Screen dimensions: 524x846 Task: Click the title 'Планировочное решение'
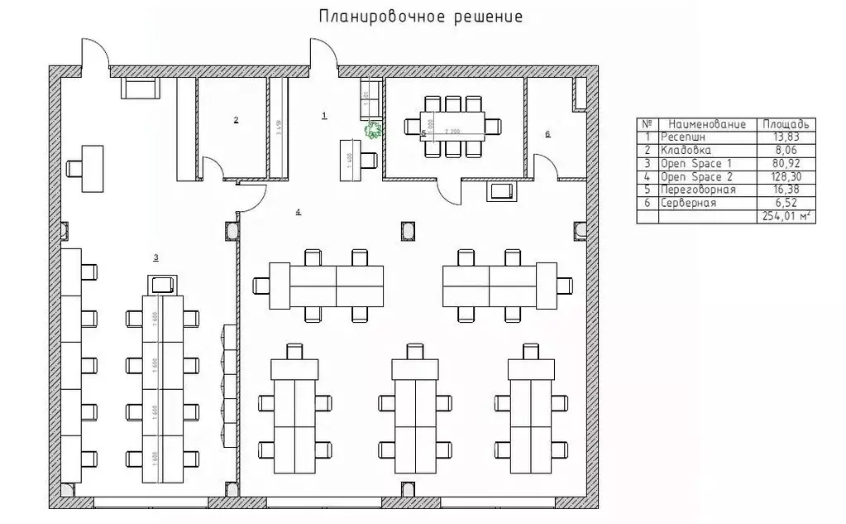[x=420, y=17]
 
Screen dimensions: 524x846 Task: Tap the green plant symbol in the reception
[x=374, y=129]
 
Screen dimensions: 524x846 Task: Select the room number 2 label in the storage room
[x=236, y=120]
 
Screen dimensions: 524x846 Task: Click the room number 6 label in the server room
[x=547, y=132]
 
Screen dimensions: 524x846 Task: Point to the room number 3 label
[x=155, y=257]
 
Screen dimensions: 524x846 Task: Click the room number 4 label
[x=298, y=213]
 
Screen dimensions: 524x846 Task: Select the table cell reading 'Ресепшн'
[x=681, y=137]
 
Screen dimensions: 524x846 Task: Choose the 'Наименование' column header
[x=707, y=124]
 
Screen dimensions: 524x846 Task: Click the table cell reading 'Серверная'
[x=687, y=203]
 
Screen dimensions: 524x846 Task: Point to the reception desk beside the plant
[x=350, y=159]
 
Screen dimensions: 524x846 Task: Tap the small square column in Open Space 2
[x=407, y=228]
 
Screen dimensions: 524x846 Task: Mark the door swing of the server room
[x=542, y=166]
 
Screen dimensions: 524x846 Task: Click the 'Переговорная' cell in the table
[x=694, y=190]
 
